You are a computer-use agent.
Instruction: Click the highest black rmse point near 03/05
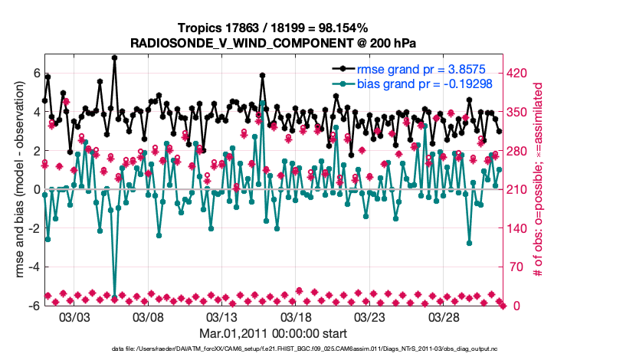click(114, 57)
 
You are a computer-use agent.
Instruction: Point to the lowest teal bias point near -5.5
click(115, 296)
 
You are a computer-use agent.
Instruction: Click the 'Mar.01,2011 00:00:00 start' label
click(274, 334)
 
